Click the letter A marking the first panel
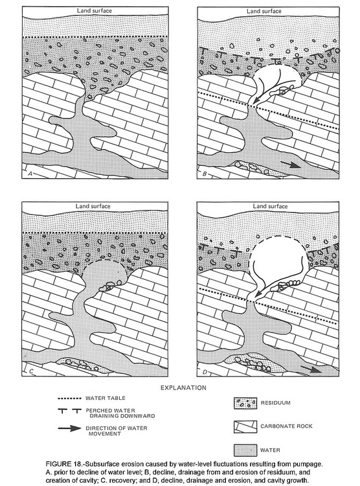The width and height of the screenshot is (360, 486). click(x=30, y=174)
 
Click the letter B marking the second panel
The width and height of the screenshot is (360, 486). click(x=204, y=174)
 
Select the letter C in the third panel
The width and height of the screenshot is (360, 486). click(x=30, y=371)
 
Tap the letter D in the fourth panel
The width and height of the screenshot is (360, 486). click(x=205, y=372)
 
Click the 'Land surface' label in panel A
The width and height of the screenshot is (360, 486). click(x=94, y=10)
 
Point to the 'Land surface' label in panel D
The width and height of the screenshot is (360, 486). click(x=270, y=206)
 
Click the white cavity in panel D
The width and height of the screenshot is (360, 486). click(x=278, y=260)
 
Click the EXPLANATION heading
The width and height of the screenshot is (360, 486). click(x=183, y=388)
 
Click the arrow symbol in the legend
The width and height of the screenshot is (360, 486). click(x=69, y=428)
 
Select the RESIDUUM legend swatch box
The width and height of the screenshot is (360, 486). click(x=245, y=403)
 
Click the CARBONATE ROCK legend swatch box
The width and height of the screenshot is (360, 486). click(x=245, y=427)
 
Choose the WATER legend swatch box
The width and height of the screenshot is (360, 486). click(x=245, y=450)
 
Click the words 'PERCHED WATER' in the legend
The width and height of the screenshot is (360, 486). click(x=110, y=410)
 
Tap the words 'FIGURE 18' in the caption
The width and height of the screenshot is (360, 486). click(x=64, y=465)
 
